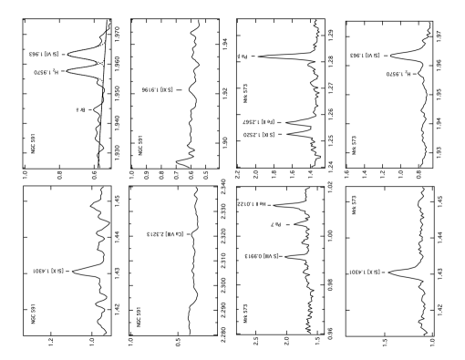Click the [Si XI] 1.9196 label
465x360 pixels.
point(157,90)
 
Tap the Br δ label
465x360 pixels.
point(80,109)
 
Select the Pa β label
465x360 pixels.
point(243,57)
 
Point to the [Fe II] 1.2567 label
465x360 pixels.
point(259,121)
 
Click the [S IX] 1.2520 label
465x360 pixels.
point(259,134)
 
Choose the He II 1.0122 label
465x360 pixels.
point(252,204)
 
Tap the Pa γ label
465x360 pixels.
point(275,223)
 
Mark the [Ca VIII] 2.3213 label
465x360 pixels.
point(166,234)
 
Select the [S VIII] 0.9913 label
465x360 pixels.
point(261,256)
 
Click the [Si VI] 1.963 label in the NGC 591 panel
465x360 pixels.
point(45,55)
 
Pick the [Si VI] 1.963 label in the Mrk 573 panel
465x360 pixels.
point(366,56)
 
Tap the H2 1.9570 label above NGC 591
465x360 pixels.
point(46,72)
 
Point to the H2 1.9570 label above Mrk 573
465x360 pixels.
point(398,74)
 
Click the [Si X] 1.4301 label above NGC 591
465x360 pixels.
point(48,271)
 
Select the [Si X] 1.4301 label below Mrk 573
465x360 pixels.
point(364,272)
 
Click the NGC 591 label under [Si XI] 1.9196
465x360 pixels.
point(140,145)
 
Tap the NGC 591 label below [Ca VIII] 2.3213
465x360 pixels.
point(139,316)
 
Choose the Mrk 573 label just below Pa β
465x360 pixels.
point(245,94)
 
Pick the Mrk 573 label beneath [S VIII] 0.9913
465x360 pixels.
point(245,314)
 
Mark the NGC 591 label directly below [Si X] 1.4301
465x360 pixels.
point(33,314)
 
